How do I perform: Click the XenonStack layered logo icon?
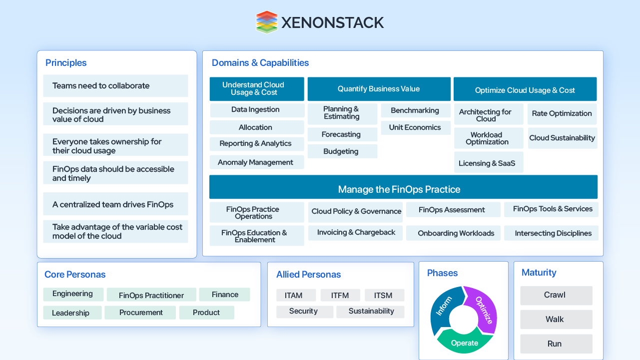266,22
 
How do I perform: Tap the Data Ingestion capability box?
256,110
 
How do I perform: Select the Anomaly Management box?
256,162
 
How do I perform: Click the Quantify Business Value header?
379,89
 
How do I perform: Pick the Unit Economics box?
415,127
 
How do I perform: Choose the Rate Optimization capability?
562,114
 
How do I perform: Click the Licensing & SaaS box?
488,163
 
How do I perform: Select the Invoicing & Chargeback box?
356,233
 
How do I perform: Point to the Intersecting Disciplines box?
553,233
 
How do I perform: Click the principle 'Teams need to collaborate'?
115,86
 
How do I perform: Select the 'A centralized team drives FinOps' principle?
115,204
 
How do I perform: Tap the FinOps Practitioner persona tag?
151,295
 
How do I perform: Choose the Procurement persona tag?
140,313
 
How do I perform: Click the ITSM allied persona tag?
384,295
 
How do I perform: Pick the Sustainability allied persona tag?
371,312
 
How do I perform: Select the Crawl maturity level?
556,295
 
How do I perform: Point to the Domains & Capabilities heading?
260,63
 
